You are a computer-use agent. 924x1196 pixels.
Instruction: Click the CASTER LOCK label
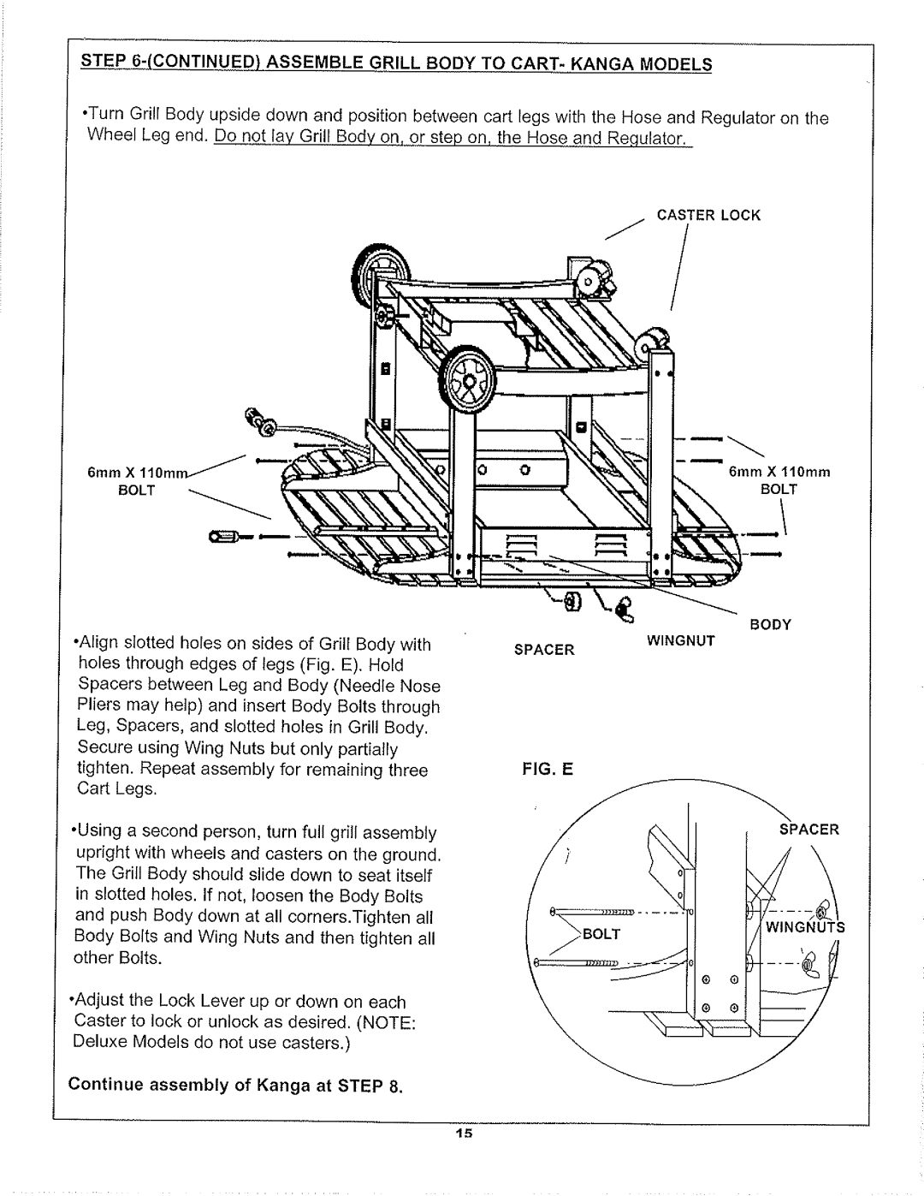pyautogui.click(x=708, y=215)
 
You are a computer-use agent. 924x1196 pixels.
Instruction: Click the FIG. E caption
pyautogui.click(x=548, y=768)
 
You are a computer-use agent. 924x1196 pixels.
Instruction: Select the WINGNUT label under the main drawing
pyautogui.click(x=681, y=640)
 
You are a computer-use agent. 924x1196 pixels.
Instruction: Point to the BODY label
pyautogui.click(x=771, y=625)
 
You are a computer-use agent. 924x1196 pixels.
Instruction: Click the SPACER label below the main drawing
pyautogui.click(x=544, y=650)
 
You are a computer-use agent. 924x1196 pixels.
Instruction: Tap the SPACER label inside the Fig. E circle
pyautogui.click(x=809, y=830)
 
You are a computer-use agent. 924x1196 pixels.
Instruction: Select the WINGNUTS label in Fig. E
pyautogui.click(x=805, y=927)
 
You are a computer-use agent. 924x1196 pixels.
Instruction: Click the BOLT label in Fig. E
pyautogui.click(x=601, y=934)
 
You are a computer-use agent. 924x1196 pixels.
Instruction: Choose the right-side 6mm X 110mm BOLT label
pyautogui.click(x=779, y=480)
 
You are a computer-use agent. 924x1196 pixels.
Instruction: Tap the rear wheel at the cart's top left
pyautogui.click(x=381, y=271)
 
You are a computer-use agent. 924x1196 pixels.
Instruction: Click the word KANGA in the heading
pyautogui.click(x=602, y=65)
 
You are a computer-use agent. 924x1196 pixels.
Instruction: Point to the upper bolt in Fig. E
pyautogui.click(x=592, y=912)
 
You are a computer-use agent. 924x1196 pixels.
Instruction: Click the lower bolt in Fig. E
pyautogui.click(x=577, y=962)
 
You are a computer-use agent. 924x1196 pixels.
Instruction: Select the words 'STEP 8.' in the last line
pyautogui.click(x=370, y=1086)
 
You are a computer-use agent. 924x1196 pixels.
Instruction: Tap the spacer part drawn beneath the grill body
pyautogui.click(x=572, y=601)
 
